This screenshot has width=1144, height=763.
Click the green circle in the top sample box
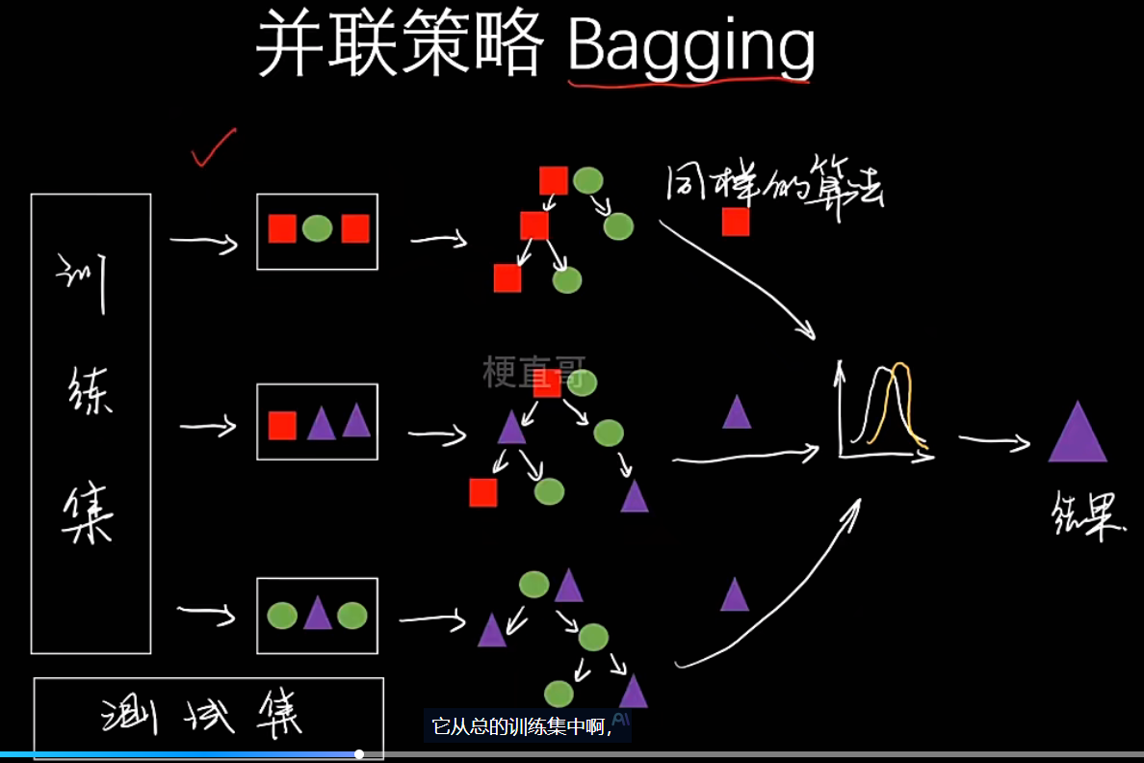pyautogui.click(x=317, y=228)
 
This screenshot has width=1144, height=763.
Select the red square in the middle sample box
pyautogui.click(x=282, y=425)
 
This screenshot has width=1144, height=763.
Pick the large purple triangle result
pyautogui.click(x=1078, y=434)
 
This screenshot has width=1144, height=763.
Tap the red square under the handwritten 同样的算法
pyautogui.click(x=736, y=222)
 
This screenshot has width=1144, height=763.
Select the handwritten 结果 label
pyautogui.click(x=1087, y=519)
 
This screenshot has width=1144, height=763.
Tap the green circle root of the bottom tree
pyautogui.click(x=533, y=584)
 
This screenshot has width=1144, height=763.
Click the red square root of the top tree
pyautogui.click(x=553, y=180)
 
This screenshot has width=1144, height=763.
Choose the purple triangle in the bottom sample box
pyautogui.click(x=318, y=614)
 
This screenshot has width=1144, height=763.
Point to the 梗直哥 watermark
pyautogui.click(x=533, y=373)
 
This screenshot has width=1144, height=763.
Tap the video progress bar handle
pyautogui.click(x=359, y=754)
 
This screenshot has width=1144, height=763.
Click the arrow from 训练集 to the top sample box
pyautogui.click(x=203, y=242)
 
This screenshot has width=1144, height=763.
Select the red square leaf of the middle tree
pyautogui.click(x=482, y=492)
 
